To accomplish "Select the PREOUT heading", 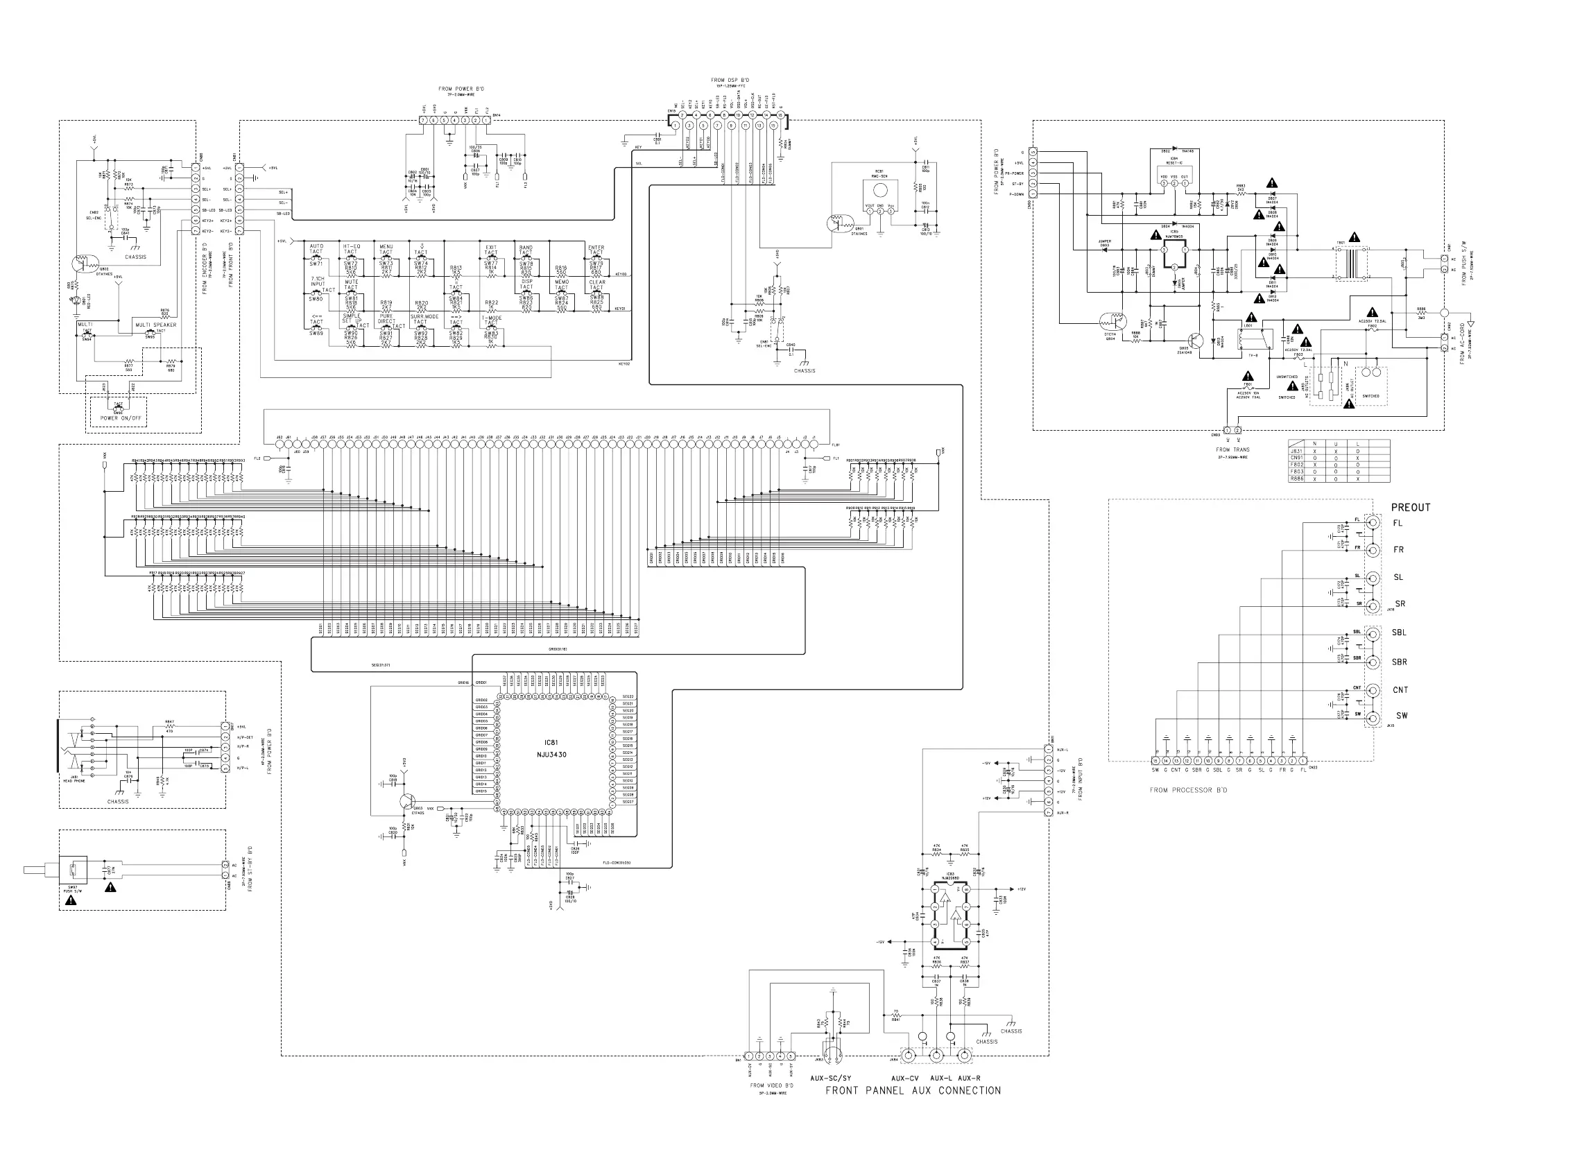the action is click(1411, 508).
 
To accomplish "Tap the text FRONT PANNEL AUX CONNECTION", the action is click(913, 1091).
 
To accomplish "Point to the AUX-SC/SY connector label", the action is click(831, 1079).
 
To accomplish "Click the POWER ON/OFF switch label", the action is click(120, 418).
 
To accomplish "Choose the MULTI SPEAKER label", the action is click(155, 325).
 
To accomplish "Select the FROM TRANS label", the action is click(1232, 449).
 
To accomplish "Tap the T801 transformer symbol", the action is click(1350, 263).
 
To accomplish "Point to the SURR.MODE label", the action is click(424, 317).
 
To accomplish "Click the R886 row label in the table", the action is click(1296, 479).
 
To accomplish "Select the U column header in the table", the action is click(1336, 443).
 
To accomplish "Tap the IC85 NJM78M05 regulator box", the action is click(1174, 255).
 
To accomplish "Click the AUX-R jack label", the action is click(968, 1079).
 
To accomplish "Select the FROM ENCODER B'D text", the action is click(205, 268).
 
